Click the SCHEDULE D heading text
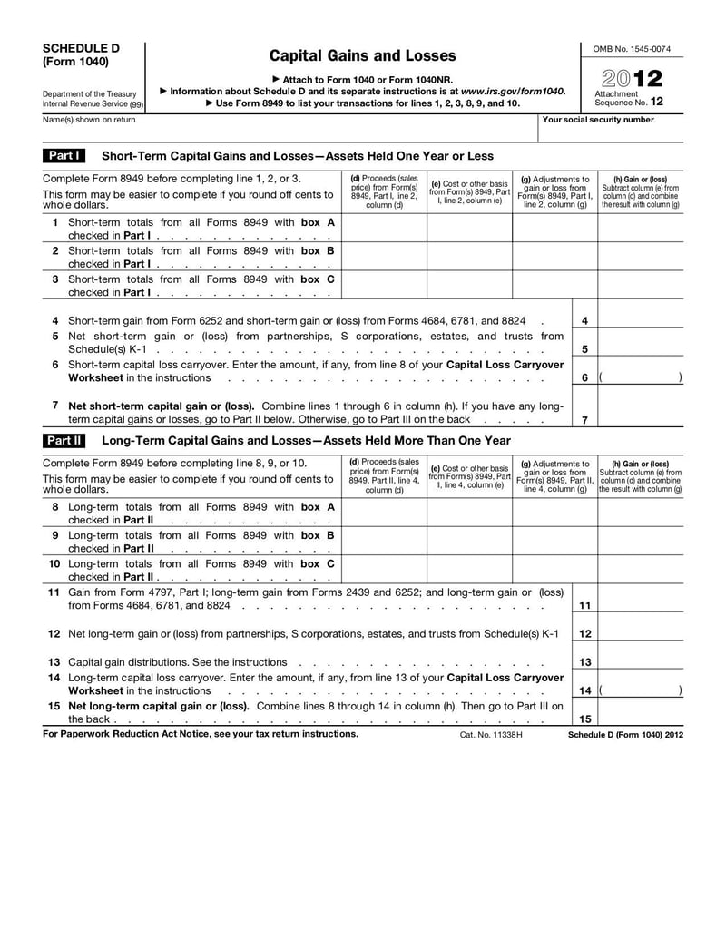coord(81,48)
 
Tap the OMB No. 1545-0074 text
coord(632,48)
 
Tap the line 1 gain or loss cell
coord(640,228)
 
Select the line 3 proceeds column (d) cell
coord(384,286)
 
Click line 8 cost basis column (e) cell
coord(469,513)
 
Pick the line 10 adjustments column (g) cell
coord(554,569)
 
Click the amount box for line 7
coord(640,413)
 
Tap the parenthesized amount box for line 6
coord(640,377)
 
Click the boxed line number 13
coord(585,662)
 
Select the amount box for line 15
coord(640,714)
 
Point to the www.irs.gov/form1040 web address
coord(513,92)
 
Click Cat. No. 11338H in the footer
coord(491,734)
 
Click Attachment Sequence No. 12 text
coord(629,98)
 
